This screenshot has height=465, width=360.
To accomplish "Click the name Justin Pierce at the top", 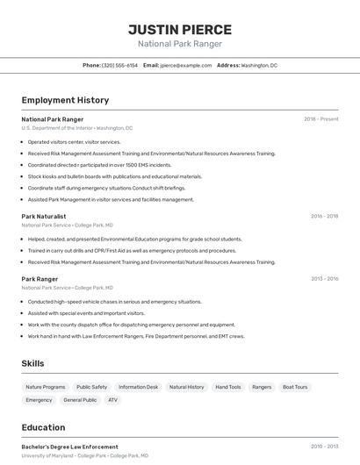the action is pos(180,29).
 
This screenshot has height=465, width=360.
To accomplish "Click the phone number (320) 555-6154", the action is pos(119,65).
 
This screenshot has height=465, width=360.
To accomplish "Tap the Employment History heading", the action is pos(65,100).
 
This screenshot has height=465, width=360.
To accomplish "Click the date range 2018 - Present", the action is pos(321,118).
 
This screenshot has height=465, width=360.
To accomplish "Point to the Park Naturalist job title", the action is pos(44,216).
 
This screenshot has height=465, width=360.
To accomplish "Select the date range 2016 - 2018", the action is pos(324,216).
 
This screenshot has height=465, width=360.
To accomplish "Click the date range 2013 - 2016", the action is pos(324,279).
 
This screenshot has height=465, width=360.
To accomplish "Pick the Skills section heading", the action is pos(33,363).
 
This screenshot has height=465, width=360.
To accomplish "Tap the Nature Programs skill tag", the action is pos(46,387).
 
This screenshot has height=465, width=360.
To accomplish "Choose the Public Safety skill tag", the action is pos(91,387).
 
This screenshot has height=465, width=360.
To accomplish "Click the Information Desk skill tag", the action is pos(139,387).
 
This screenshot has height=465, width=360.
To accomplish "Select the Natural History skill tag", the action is pos(186,387).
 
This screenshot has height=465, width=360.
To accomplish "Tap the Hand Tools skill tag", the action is pos(228,387).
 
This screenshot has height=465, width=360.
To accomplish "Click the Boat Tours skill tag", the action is pos(295,387).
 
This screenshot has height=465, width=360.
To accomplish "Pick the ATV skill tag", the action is pos(112,400).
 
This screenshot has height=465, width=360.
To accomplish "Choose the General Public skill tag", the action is pos(80,400).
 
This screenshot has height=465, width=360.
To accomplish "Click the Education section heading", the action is pos(43,427).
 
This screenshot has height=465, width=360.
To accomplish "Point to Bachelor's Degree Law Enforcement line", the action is pos(69,447).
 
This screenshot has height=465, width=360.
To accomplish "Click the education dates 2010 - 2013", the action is pos(324,447).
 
